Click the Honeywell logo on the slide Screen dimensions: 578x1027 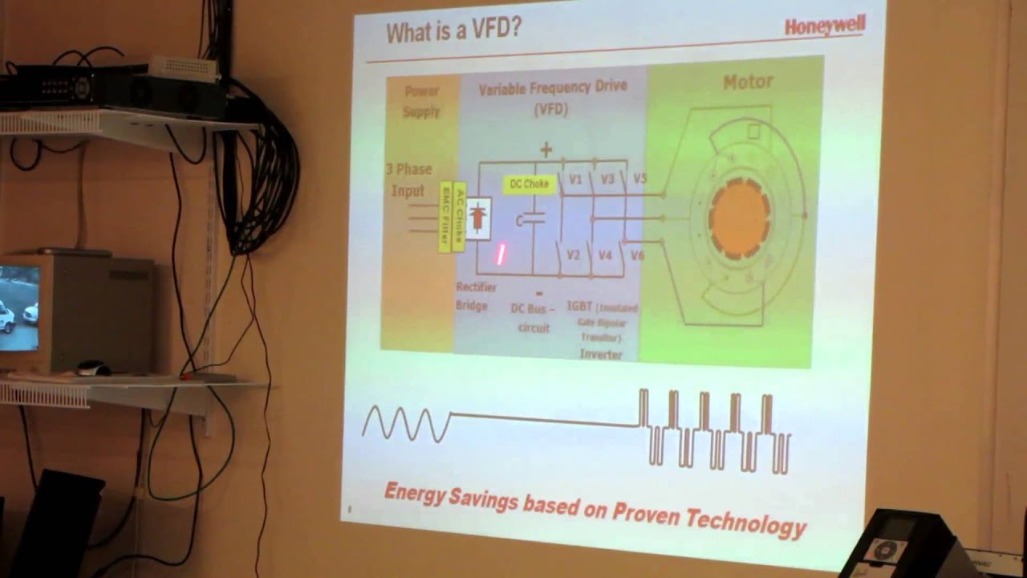coord(825,26)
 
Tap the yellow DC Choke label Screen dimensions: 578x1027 coord(530,184)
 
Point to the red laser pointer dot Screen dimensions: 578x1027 coord(501,254)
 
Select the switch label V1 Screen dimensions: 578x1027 coord(575,180)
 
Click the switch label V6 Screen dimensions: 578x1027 coord(637,255)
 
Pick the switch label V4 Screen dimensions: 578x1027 coord(605,255)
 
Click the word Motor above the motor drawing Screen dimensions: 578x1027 coord(748,82)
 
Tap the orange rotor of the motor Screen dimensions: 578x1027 coord(739,217)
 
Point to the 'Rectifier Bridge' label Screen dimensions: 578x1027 coord(475,296)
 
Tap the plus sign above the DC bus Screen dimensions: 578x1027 coord(546,149)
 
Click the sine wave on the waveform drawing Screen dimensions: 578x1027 coord(407,423)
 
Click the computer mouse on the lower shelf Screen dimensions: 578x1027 coord(93,368)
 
